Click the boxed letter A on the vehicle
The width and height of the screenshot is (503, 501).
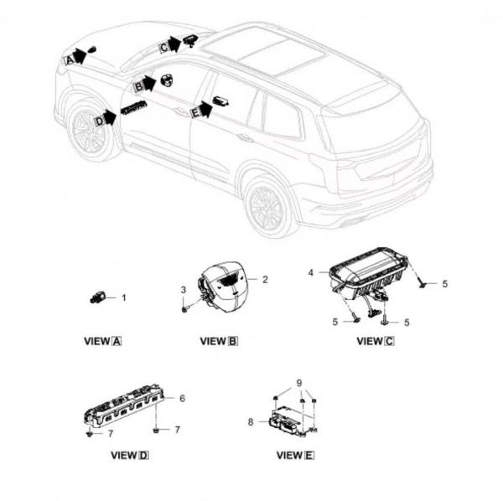69,59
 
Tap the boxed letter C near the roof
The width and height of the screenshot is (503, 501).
163,47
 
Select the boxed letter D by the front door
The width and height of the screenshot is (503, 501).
99,121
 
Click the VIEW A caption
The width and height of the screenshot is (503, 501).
103,342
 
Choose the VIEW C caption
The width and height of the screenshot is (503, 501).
375,341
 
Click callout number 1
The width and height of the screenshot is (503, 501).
124,297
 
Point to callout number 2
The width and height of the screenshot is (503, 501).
265,279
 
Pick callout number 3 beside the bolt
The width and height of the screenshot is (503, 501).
183,290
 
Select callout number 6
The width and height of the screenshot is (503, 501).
181,398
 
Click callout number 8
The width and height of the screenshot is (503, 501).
249,423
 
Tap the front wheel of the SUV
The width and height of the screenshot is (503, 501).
90,132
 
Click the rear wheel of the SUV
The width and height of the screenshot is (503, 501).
267,205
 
